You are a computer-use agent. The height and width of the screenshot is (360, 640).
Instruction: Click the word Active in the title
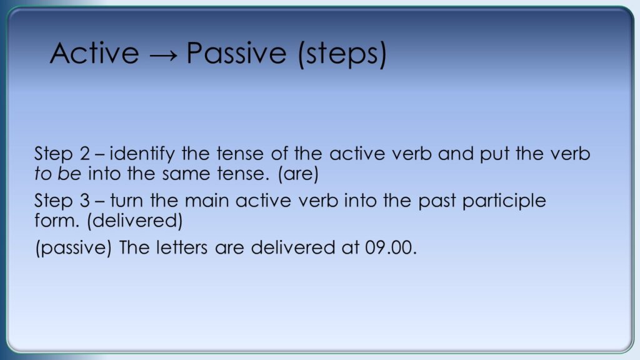[94, 53]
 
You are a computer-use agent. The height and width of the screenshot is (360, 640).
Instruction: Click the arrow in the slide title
[164, 56]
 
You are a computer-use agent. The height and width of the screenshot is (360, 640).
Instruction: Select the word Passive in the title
[236, 53]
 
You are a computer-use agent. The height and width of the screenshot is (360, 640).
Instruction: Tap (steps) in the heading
[342, 55]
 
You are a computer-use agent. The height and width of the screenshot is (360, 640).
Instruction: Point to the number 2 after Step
[85, 154]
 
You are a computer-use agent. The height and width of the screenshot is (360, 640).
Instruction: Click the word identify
[142, 154]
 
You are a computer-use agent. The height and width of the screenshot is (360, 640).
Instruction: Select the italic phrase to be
[58, 174]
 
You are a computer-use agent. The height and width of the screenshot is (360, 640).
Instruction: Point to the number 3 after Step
[85, 201]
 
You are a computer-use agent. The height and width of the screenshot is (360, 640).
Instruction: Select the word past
[437, 202]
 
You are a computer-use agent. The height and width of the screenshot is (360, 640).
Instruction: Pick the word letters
[182, 247]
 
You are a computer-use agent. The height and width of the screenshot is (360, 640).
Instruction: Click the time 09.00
[391, 247]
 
